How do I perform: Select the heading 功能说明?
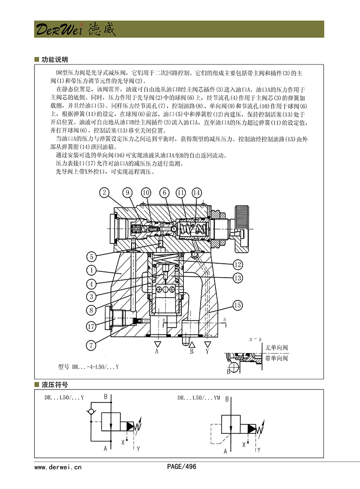pos(54,60)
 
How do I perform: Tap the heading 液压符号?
pos(54,385)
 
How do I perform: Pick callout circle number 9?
pos(127,193)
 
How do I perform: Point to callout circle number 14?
pos(197,193)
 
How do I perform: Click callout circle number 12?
pos(237,264)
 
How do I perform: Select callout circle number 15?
pos(237,305)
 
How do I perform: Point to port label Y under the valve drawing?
pos(207,352)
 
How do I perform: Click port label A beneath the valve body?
pos(157,352)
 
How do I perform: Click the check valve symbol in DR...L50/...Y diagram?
pos(91,412)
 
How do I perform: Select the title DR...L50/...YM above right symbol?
pos(198,398)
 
